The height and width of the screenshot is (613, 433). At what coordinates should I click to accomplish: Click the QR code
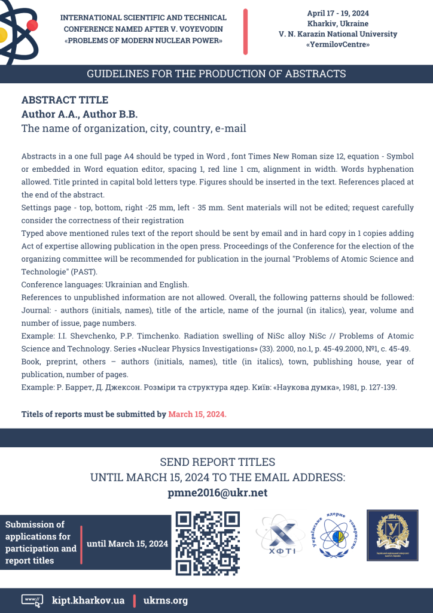[208, 543]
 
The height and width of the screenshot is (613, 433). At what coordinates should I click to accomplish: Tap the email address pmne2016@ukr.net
[216, 493]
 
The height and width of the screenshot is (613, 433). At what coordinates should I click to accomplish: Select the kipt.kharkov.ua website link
[89, 600]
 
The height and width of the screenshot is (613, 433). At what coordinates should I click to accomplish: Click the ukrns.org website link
[166, 600]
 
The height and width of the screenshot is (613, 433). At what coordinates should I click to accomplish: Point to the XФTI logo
[276, 535]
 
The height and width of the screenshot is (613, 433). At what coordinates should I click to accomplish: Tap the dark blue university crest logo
[392, 535]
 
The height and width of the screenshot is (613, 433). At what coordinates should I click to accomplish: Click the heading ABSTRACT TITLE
[65, 100]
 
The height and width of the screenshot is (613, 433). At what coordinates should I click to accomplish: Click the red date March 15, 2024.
[197, 414]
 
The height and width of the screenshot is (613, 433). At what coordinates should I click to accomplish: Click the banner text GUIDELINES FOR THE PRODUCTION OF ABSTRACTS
[216, 74]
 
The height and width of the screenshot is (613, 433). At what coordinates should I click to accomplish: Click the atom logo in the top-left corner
[18, 30]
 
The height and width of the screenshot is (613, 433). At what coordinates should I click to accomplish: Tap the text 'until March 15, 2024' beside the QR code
[127, 544]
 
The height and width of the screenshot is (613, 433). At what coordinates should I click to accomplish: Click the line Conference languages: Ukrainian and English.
[105, 284]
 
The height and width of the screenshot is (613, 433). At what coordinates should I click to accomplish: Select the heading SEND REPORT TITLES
[217, 462]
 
